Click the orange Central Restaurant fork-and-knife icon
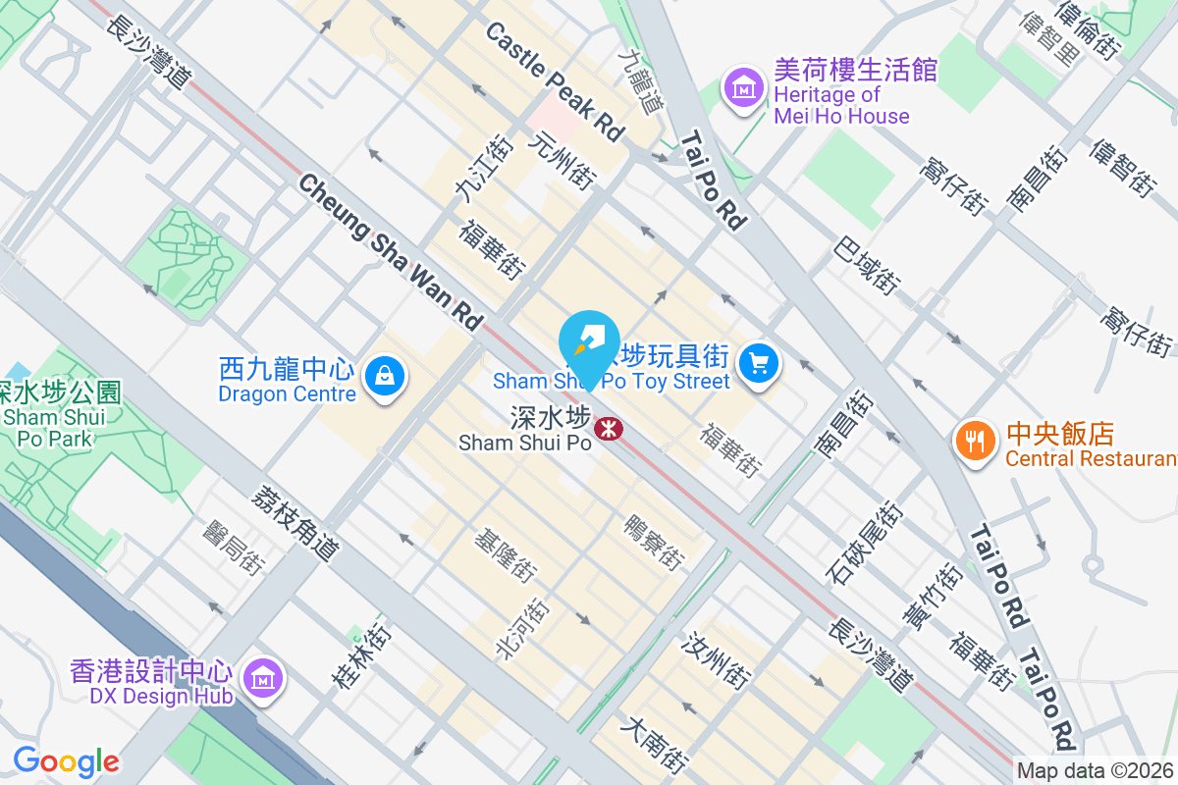[x=974, y=443]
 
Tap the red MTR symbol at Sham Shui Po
[x=608, y=428]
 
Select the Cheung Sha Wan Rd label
[x=392, y=252]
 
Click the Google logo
[x=66, y=760]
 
